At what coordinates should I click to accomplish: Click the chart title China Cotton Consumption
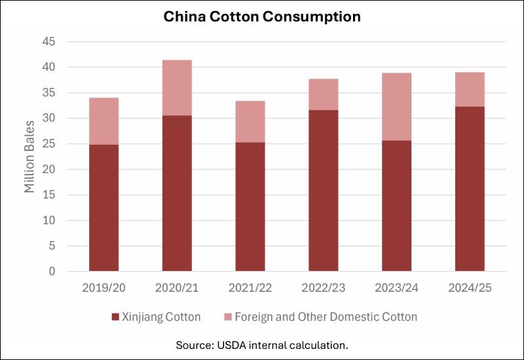(x=262, y=16)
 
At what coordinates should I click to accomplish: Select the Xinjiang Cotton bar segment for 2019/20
(x=103, y=207)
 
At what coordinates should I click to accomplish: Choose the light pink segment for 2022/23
(x=323, y=94)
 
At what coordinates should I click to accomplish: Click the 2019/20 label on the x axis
(x=103, y=287)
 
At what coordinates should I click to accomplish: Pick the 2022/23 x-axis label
(x=323, y=287)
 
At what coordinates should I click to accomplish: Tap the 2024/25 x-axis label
(x=470, y=287)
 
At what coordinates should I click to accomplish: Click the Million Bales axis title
(x=29, y=157)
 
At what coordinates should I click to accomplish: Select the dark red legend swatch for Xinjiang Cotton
(x=115, y=317)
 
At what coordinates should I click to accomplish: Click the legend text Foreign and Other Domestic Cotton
(x=335, y=317)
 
